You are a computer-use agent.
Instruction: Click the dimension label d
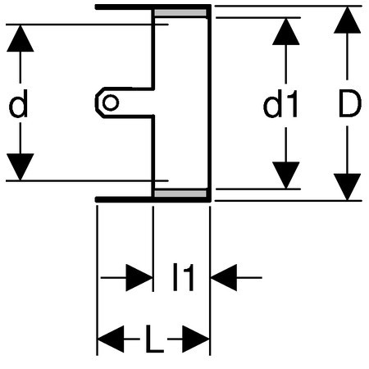19,103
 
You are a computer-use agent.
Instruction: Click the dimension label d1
280,104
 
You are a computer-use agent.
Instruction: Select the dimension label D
350,103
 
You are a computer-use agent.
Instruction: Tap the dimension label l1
184,277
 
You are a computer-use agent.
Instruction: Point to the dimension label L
154,339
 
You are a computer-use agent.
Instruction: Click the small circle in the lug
111,102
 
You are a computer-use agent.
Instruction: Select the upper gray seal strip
180,13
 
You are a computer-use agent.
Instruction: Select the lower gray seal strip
180,194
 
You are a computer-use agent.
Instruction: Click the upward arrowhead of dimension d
20,39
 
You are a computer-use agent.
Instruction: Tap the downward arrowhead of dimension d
20,167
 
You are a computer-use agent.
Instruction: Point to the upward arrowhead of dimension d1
286,31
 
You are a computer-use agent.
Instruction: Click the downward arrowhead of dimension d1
286,175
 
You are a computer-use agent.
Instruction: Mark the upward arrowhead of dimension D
347,20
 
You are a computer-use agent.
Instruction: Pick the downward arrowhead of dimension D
347,187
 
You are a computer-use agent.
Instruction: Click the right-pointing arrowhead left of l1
139,277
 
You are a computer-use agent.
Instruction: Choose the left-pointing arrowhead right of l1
224,277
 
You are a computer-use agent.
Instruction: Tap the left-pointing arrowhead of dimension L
111,339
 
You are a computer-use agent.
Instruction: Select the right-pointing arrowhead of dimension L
196,339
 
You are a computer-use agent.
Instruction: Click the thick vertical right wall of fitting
209,103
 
